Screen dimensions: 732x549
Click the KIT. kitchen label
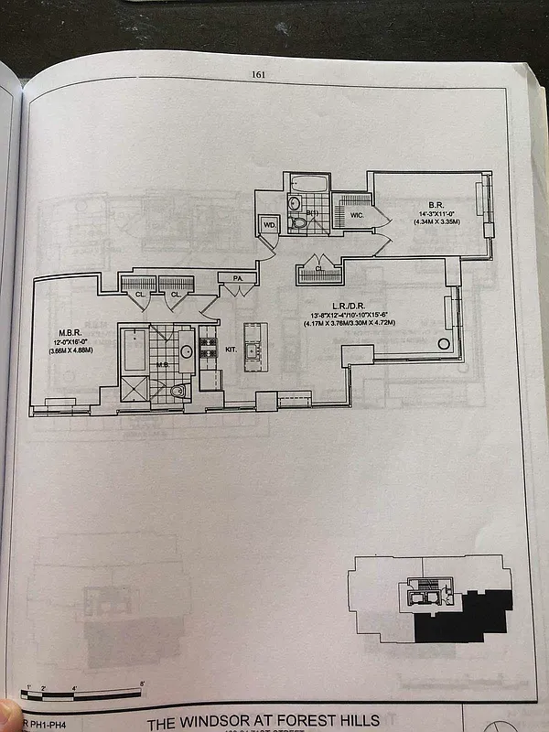tap(231, 349)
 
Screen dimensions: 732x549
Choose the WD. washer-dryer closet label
tap(270, 222)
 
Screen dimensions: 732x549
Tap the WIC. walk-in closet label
tap(356, 215)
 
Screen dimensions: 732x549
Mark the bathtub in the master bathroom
tap(135, 349)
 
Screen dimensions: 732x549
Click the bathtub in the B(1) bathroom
tap(308, 184)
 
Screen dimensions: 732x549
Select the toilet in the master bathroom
tap(178, 392)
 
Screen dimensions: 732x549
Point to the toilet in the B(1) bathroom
tap(299, 222)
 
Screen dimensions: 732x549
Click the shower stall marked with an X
tap(135, 389)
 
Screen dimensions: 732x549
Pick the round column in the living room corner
tap(445, 343)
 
